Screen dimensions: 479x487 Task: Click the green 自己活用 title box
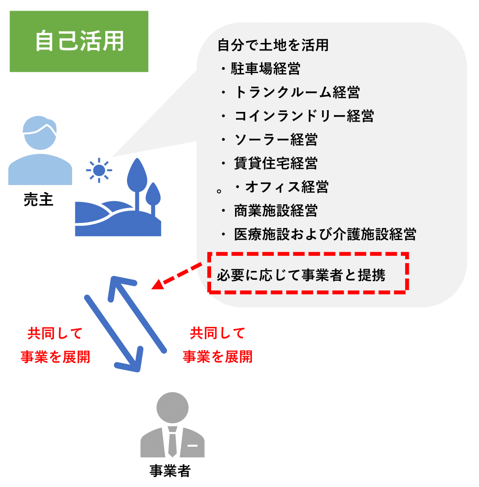(x=79, y=41)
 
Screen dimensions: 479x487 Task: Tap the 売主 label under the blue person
(x=38, y=199)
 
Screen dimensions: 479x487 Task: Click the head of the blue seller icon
(x=40, y=133)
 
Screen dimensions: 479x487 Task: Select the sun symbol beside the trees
(x=99, y=170)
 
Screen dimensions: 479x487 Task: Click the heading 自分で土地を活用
(x=273, y=45)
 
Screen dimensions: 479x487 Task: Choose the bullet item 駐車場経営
(x=266, y=68)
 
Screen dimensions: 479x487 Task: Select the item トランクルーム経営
(x=297, y=92)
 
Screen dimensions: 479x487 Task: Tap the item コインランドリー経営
(x=304, y=116)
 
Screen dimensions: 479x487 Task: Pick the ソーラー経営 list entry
(x=276, y=140)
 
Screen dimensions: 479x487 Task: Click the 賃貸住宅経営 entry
(x=276, y=163)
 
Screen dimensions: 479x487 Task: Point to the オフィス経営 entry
(x=287, y=187)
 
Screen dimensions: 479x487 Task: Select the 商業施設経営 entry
(x=276, y=210)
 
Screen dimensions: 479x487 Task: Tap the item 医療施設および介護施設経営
(x=325, y=234)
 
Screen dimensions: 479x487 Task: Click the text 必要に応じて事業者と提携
(x=301, y=275)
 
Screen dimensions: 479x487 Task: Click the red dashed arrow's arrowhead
(x=158, y=284)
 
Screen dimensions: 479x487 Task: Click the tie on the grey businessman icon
(x=172, y=442)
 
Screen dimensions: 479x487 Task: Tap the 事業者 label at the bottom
(x=170, y=471)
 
